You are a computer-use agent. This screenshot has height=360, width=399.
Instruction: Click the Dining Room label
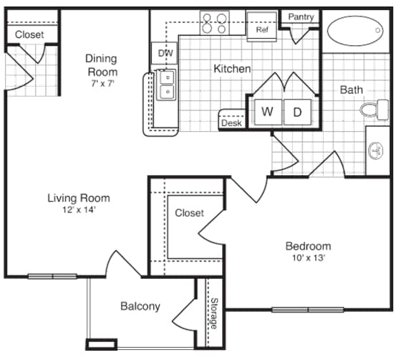click(102, 65)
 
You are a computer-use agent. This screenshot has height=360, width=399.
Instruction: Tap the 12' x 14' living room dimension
click(79, 210)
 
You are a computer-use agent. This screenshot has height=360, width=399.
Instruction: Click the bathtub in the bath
click(356, 31)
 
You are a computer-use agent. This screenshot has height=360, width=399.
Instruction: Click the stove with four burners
click(214, 24)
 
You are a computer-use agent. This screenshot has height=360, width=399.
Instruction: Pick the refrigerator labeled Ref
click(261, 23)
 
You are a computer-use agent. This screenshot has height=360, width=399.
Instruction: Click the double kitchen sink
click(165, 84)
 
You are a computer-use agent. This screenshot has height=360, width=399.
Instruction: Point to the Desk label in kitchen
click(231, 123)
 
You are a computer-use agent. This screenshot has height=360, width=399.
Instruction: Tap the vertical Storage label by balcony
click(213, 313)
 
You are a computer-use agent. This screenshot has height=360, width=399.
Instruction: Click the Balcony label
click(140, 306)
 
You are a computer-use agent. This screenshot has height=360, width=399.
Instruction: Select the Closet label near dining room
click(29, 34)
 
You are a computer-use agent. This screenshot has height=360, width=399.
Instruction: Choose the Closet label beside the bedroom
click(189, 213)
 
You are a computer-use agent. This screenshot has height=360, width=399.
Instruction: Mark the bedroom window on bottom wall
click(308, 310)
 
